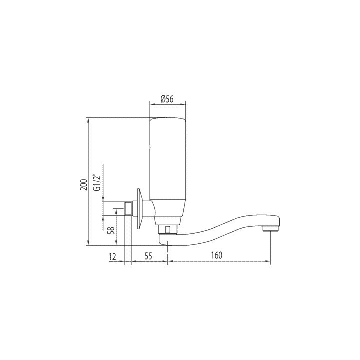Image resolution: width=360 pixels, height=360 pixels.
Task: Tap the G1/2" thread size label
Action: [98, 181]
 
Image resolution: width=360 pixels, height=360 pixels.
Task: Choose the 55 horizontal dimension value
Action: [148, 255]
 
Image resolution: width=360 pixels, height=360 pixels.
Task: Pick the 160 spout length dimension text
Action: [216, 255]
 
